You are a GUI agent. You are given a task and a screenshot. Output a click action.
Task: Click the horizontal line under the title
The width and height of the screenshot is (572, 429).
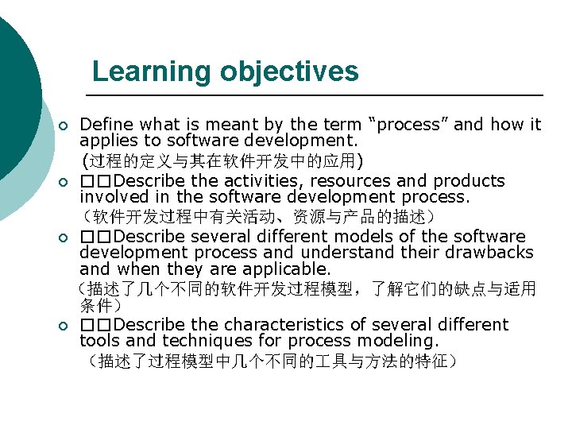318,95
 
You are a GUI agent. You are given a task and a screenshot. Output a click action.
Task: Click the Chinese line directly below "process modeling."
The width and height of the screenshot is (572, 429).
270,362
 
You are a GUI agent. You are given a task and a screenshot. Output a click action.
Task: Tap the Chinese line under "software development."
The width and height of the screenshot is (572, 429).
222,161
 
